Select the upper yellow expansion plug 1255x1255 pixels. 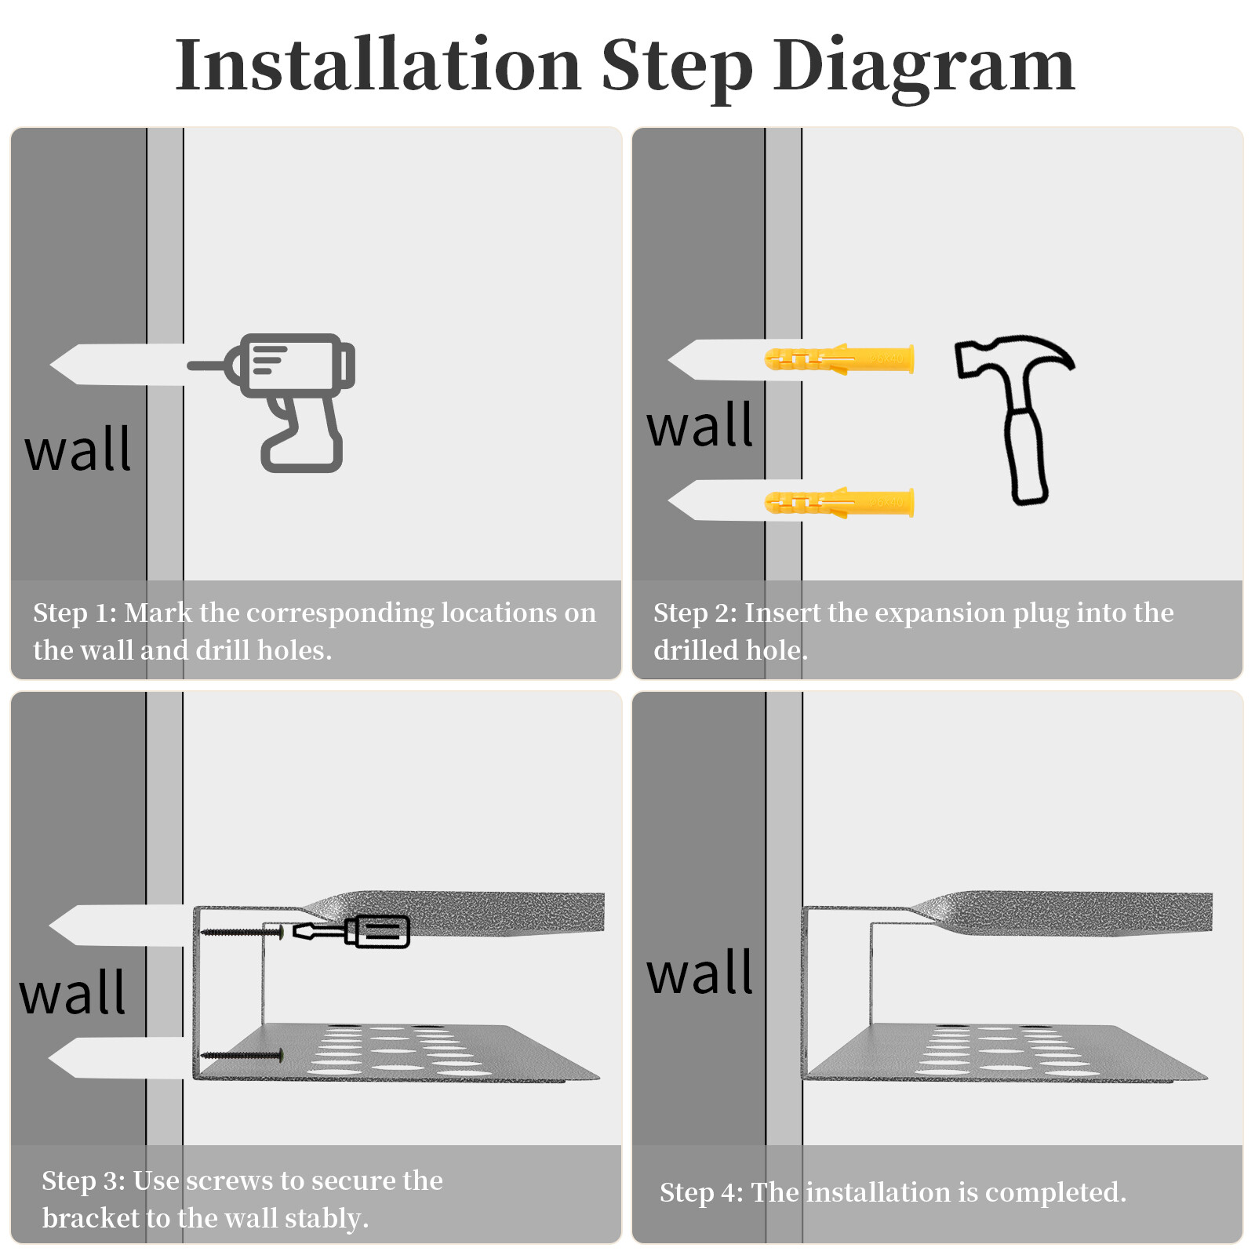[839, 359]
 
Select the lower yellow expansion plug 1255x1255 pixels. [839, 502]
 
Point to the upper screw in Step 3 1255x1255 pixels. [242, 932]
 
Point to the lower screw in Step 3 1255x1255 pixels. [242, 1056]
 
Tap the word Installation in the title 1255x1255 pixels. [378, 64]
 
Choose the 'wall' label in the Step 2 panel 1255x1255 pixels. [700, 425]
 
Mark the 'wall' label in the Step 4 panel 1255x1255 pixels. [700, 973]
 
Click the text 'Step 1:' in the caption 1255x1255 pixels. [75, 613]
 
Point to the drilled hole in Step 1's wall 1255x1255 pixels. [118, 365]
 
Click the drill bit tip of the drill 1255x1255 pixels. [189, 366]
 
